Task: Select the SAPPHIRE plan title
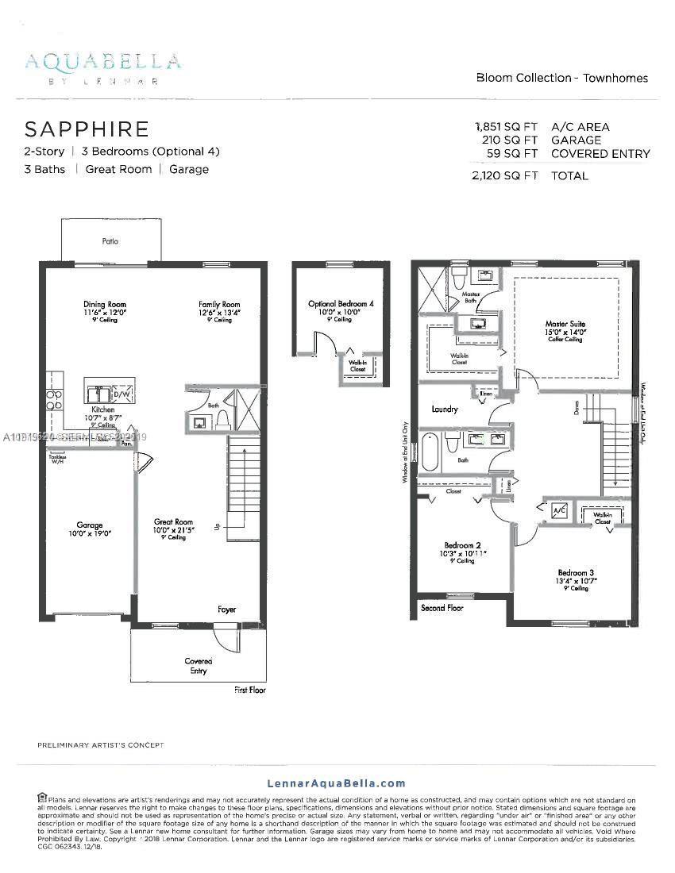(87, 129)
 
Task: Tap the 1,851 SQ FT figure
(506, 126)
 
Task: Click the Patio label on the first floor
(110, 240)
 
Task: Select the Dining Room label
(105, 305)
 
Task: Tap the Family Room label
(219, 305)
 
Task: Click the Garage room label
(90, 525)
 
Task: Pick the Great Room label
(173, 523)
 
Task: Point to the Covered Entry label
(199, 666)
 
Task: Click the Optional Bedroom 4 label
(341, 304)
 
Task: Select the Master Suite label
(565, 324)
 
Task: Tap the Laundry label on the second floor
(445, 410)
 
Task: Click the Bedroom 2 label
(462, 545)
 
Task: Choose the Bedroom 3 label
(576, 573)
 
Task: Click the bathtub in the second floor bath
(430, 452)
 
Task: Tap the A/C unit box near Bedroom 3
(559, 509)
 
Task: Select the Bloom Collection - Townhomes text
(561, 78)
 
